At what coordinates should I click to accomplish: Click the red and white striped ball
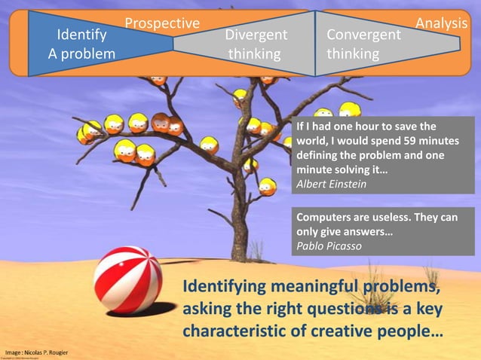click(x=127, y=279)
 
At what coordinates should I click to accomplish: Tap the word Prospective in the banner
click(x=162, y=24)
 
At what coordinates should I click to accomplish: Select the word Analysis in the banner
click(x=442, y=24)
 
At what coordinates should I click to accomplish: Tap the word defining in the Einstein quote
click(x=320, y=155)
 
